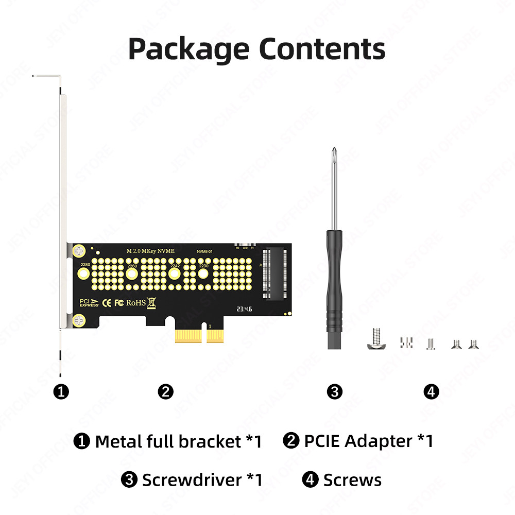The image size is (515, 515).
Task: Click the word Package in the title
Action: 188,49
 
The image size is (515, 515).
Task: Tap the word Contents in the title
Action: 322,49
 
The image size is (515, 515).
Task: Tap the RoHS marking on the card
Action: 136,302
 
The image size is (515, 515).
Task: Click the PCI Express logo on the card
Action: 89,303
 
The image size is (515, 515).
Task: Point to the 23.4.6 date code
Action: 244,310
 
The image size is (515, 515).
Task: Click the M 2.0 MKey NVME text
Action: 150,251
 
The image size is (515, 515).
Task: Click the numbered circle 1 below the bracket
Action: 61,392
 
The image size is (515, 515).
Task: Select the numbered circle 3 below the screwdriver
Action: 334,392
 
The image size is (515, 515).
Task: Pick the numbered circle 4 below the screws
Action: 432,392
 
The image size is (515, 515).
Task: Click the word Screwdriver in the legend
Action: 192,480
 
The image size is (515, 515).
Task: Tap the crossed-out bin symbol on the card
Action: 151,302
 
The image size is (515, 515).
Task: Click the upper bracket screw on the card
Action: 79,251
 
